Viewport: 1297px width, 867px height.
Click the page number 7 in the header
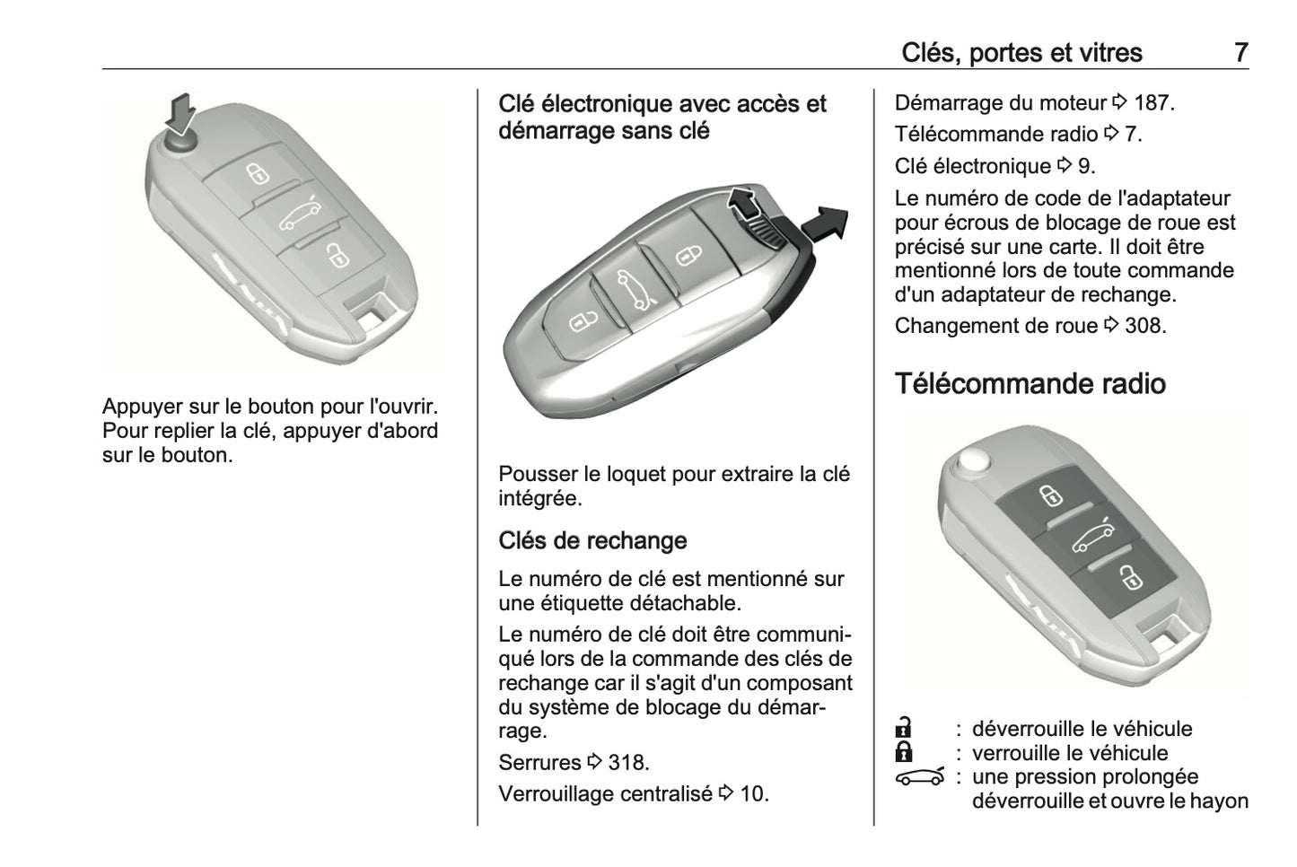tap(1240, 53)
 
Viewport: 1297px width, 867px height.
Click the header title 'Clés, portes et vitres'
tap(1021, 53)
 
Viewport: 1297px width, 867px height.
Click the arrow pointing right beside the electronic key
tap(824, 223)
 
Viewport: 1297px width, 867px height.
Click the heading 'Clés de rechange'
tap(592, 540)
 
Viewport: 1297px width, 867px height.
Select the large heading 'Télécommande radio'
tap(1030, 384)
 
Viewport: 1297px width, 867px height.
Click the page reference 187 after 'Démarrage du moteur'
tap(1153, 103)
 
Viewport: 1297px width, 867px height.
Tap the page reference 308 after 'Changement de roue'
tap(1144, 326)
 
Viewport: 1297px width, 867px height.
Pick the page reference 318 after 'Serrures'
tap(627, 763)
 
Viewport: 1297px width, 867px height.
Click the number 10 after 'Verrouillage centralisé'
tap(753, 794)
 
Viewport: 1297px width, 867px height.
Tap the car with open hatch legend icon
tap(920, 777)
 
